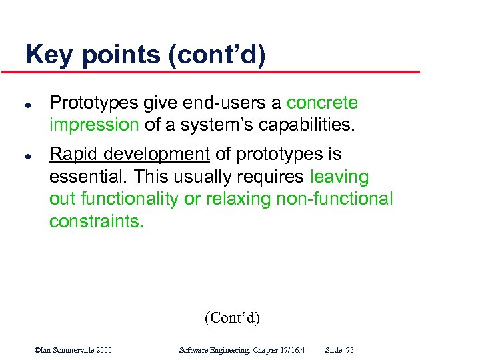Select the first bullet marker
click(26, 105)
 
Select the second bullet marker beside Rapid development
click(26, 157)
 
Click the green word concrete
click(322, 103)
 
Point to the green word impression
click(94, 125)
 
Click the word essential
click(89, 177)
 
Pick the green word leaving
click(339, 177)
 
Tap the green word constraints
click(96, 221)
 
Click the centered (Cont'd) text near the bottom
click(232, 317)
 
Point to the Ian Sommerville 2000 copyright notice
click(73, 350)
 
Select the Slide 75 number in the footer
click(339, 350)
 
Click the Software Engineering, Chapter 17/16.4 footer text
click(243, 350)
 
